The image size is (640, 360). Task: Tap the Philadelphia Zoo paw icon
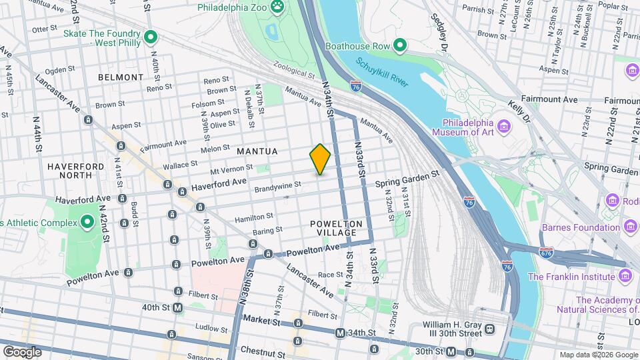[x=277, y=8]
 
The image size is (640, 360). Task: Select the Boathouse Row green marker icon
[x=400, y=46]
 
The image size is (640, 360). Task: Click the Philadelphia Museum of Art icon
[x=504, y=125]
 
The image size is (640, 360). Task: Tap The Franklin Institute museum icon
[x=625, y=276]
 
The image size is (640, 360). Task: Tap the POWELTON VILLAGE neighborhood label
[x=336, y=229]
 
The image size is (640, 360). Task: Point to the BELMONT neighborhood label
[x=120, y=77]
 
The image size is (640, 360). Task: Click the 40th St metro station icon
[x=177, y=307]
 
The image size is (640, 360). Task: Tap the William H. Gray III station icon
[x=490, y=329]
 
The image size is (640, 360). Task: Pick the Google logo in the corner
[x=22, y=351]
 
